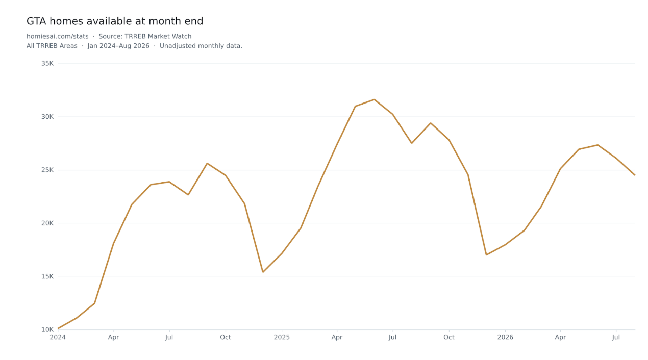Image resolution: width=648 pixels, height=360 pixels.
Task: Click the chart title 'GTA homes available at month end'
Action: tap(115, 21)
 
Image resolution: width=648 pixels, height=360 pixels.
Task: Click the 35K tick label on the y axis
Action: tap(47, 63)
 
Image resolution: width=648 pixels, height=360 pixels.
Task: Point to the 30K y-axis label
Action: tap(47, 117)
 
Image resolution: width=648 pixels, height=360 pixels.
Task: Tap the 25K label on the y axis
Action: tap(47, 170)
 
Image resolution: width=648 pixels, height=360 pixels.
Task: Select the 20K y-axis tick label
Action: tap(47, 223)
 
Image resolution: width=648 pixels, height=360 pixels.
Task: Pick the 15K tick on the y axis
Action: tap(47, 276)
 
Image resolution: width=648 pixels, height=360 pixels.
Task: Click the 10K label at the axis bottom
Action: tap(47, 329)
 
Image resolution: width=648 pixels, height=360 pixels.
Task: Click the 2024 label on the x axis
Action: tap(58, 337)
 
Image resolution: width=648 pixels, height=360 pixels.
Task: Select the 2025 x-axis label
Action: tap(282, 337)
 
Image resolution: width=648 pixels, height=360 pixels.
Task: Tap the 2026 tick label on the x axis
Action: tap(505, 337)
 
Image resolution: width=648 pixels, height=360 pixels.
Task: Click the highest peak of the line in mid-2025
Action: tap(374, 99)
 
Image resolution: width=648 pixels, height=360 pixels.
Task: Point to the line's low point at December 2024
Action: tap(263, 272)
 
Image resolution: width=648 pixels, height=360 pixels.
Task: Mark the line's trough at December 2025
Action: tap(486, 255)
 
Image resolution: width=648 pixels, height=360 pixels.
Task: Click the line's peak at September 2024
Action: tap(207, 163)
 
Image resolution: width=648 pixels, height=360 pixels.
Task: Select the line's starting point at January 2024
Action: tap(58, 328)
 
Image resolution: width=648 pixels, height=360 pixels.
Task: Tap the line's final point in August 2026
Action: tap(635, 175)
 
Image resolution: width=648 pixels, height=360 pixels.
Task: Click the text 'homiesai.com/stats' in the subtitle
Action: tap(57, 36)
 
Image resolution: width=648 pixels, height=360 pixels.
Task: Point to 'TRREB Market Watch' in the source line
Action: tap(158, 36)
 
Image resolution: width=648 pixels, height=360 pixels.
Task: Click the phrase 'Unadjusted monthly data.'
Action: tap(201, 46)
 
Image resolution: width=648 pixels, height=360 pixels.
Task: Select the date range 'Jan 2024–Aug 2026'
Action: tap(118, 46)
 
